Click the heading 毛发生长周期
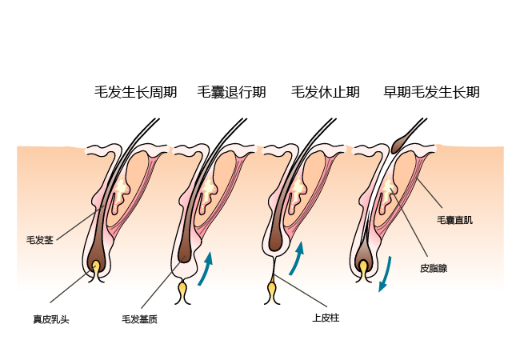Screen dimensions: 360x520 point(135,92)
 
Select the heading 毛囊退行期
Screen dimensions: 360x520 point(232,92)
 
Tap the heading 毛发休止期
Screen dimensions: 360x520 point(324,92)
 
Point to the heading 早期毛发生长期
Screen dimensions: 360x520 point(432,92)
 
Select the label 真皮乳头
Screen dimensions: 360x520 point(51,319)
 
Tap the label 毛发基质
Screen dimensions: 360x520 point(139,319)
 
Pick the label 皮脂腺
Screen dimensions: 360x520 point(434,269)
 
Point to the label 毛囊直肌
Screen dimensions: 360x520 point(454,219)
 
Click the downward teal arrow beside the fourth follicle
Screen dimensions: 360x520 point(386,274)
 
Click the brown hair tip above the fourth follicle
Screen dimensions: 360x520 point(403,142)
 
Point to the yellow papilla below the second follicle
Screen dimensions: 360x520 point(182,286)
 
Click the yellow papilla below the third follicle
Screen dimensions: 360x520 point(272,286)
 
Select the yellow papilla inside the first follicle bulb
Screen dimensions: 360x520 point(97,266)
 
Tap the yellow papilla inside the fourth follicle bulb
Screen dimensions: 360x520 point(365,267)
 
